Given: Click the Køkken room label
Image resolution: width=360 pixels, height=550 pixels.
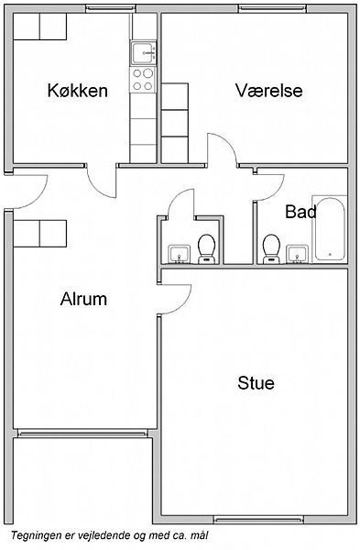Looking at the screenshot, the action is tap(78, 91).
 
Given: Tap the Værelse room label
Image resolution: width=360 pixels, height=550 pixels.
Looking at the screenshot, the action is tap(269, 90).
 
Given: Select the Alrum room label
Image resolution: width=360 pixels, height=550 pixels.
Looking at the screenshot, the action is tap(83, 299).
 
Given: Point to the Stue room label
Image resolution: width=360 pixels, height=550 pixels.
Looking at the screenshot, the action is tap(256, 382).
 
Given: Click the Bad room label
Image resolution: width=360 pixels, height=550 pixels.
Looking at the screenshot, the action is tap(300, 212).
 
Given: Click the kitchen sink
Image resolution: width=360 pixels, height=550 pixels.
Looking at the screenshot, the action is tap(143, 53).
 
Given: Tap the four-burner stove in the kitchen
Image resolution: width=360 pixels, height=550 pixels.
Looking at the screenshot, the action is tap(143, 80).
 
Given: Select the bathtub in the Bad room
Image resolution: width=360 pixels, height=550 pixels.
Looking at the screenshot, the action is tap(330, 229).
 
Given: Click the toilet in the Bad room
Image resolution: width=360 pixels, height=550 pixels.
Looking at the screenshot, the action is tap(271, 248).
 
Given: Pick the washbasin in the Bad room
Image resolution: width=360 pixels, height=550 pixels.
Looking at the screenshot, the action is tap(298, 254).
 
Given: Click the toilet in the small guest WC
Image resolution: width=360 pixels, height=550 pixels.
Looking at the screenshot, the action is tap(206, 248).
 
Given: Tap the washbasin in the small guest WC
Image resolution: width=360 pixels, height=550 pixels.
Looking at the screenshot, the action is tap(180, 254).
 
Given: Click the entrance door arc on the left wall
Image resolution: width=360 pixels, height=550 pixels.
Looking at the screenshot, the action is tap(39, 197).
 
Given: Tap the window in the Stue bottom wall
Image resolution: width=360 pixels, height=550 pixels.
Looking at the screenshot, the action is tap(258, 520).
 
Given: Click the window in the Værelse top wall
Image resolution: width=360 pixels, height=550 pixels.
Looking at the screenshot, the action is tap(272, 8).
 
